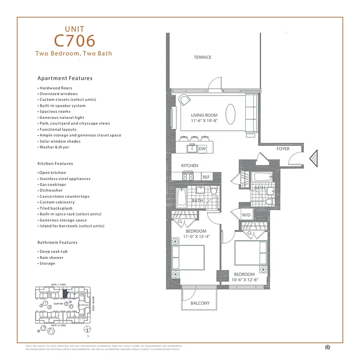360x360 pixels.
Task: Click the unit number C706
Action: point(75,40)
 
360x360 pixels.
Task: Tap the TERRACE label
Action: point(202,57)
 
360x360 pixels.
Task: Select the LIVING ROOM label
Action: point(204,115)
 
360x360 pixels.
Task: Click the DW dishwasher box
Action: point(202,148)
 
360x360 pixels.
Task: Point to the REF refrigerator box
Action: point(206,177)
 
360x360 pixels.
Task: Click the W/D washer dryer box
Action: point(246,215)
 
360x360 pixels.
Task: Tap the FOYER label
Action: point(283,149)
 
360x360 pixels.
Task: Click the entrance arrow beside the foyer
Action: point(315,158)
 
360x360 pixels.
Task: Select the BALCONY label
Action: point(200,303)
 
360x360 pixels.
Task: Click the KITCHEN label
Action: point(189,166)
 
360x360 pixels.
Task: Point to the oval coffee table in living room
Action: point(230,114)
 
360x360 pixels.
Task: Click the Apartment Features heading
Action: point(65,78)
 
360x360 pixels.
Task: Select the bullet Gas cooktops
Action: point(53,184)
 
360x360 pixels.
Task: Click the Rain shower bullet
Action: point(51,257)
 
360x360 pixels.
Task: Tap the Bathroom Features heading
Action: point(58,243)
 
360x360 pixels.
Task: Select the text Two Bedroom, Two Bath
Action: point(74,53)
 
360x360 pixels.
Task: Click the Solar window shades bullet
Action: point(60,141)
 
